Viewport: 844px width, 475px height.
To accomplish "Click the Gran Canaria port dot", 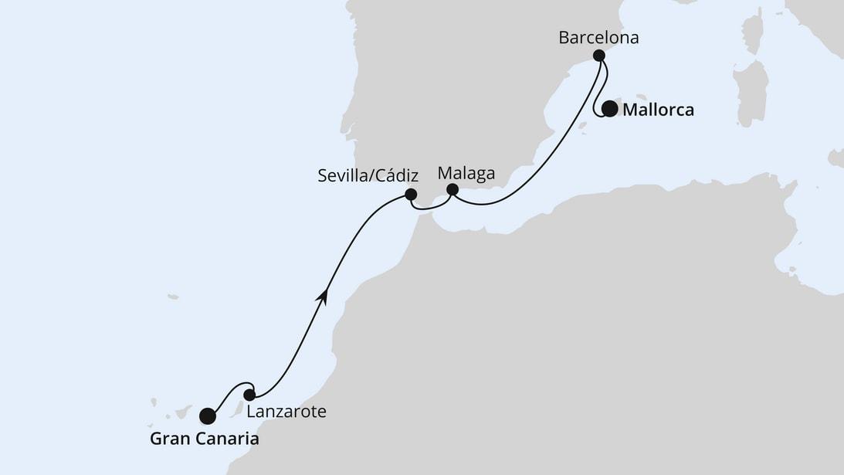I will (208, 416).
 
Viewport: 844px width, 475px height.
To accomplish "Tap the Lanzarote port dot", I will (249, 395).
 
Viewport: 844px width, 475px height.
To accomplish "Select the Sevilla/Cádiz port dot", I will (411, 195).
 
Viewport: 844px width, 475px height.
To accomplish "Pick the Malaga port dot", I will (453, 189).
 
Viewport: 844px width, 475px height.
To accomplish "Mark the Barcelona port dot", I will (598, 55).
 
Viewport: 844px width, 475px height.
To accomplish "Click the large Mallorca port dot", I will (610, 109).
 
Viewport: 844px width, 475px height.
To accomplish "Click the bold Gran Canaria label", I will (204, 439).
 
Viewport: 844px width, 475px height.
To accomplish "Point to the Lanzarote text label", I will (286, 412).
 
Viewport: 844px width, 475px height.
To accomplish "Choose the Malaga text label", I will (466, 173).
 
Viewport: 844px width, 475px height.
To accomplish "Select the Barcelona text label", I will (598, 37).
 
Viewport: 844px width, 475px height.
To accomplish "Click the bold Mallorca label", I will (658, 110).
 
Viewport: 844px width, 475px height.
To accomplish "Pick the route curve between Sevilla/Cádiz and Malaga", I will (431, 208).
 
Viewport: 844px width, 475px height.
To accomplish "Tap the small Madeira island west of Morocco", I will (172, 297).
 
